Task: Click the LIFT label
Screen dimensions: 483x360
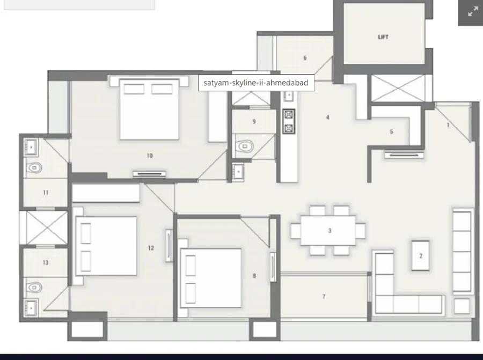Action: (x=383, y=37)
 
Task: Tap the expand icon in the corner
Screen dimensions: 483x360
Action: (x=473, y=12)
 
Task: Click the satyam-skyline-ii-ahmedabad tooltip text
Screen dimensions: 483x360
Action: (x=256, y=83)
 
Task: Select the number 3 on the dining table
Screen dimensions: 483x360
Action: (x=330, y=230)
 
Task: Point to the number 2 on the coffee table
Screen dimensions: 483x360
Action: (x=421, y=255)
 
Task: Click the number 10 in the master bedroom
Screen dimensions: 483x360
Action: (x=150, y=156)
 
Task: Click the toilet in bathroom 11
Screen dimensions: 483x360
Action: (x=34, y=168)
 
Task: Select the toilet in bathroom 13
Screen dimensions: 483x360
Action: (x=34, y=288)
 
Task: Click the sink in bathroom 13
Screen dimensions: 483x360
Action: (x=31, y=307)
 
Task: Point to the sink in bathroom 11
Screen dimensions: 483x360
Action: (x=31, y=147)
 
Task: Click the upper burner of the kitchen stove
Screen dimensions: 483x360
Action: (x=289, y=115)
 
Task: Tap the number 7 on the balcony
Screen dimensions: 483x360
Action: (x=324, y=296)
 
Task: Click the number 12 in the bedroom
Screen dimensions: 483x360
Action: (x=151, y=247)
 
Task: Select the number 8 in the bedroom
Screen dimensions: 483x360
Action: (x=254, y=276)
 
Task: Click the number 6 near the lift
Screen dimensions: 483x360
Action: (x=305, y=57)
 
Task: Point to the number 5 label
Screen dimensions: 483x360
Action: (x=391, y=131)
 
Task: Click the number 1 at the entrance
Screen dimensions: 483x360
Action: (x=448, y=124)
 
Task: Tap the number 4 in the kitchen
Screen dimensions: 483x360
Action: (x=328, y=117)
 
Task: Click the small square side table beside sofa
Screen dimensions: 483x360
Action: (x=462, y=306)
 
